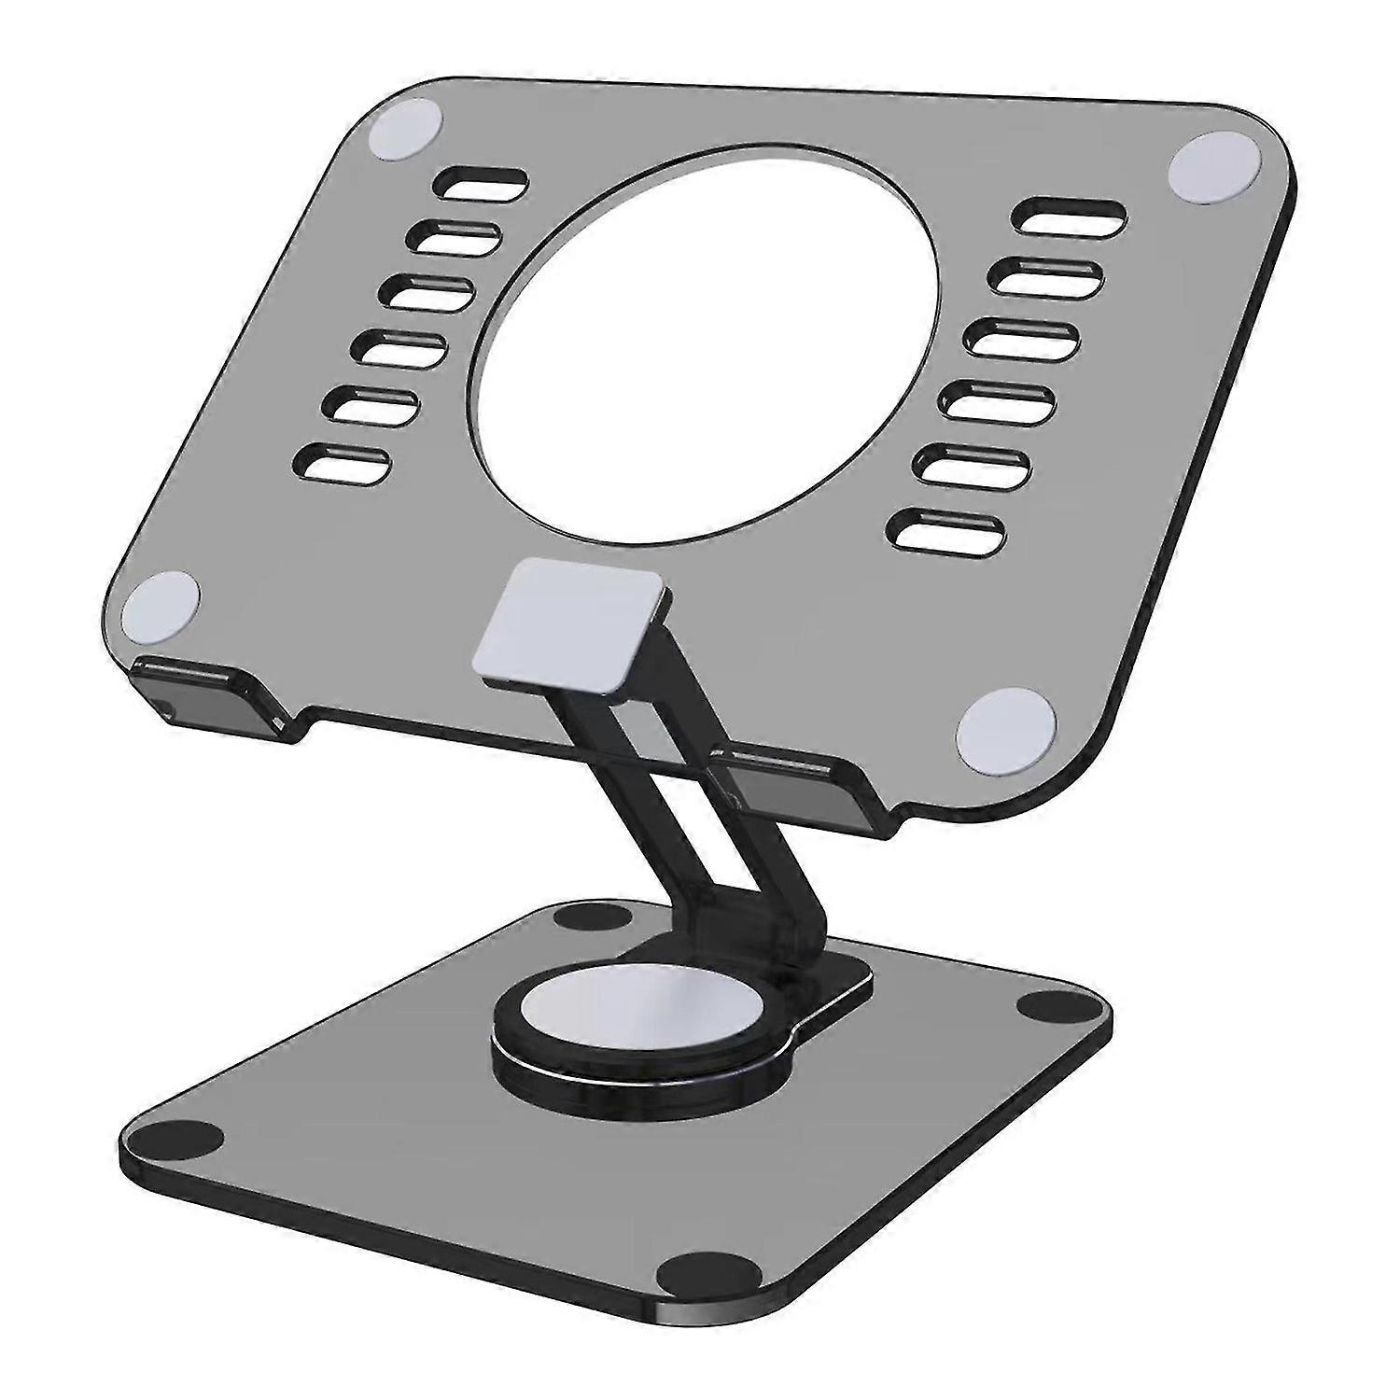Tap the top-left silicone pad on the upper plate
[x=405, y=133]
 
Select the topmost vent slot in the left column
[x=482, y=181]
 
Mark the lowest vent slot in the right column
[x=947, y=530]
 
